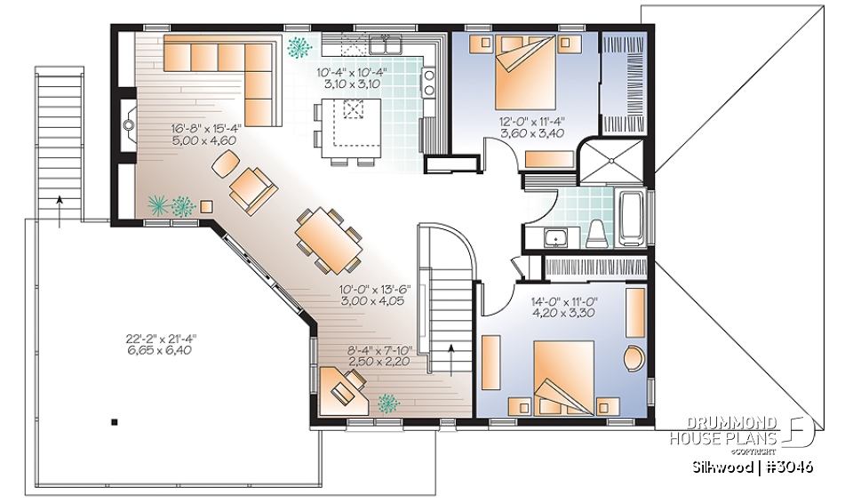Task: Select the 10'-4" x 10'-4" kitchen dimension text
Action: pyautogui.click(x=351, y=77)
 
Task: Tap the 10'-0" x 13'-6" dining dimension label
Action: pyautogui.click(x=374, y=295)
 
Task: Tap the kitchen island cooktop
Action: pyautogui.click(x=354, y=110)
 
